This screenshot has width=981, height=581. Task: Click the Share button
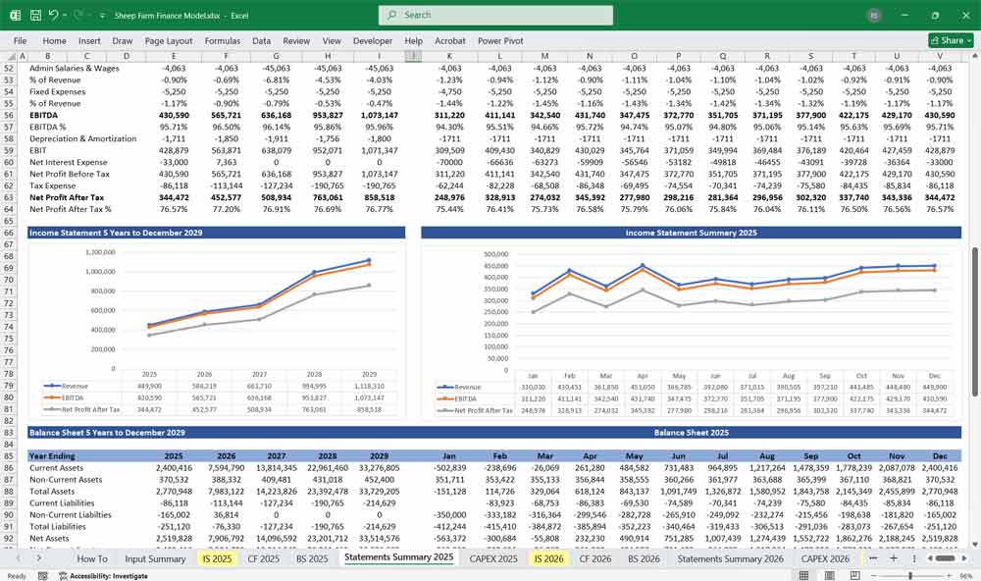[x=948, y=40]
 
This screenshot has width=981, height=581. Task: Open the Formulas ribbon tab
[x=223, y=41]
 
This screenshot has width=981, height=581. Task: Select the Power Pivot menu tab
[x=500, y=41]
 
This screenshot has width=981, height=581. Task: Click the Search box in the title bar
[x=495, y=15]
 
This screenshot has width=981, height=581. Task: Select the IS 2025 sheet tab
[x=216, y=558]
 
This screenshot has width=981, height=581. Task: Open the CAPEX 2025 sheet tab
[x=493, y=558]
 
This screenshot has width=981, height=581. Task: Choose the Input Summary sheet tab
[x=155, y=558]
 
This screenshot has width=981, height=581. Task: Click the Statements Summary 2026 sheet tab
[x=730, y=558]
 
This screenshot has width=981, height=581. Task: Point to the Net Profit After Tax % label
[x=70, y=209]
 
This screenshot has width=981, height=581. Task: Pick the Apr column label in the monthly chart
[x=641, y=375]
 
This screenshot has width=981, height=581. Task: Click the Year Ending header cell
[x=52, y=456]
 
